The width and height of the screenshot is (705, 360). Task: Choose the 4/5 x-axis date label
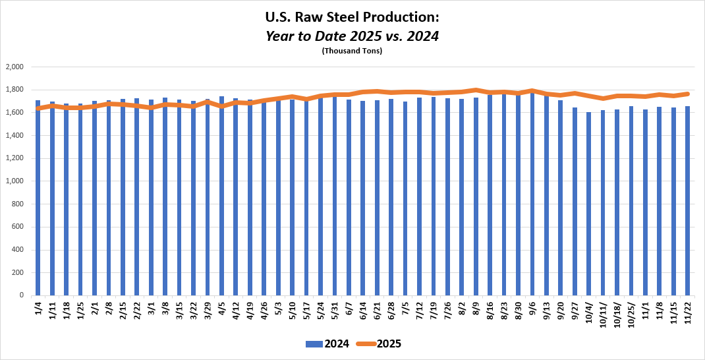pyautogui.click(x=221, y=311)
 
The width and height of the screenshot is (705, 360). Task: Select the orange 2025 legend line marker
pyautogui.click(x=365, y=344)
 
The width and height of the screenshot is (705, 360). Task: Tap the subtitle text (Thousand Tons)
pyautogui.click(x=352, y=51)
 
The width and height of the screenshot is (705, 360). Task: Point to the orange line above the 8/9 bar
pyautogui.click(x=476, y=90)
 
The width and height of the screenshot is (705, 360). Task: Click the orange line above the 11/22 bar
pyautogui.click(x=687, y=94)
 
